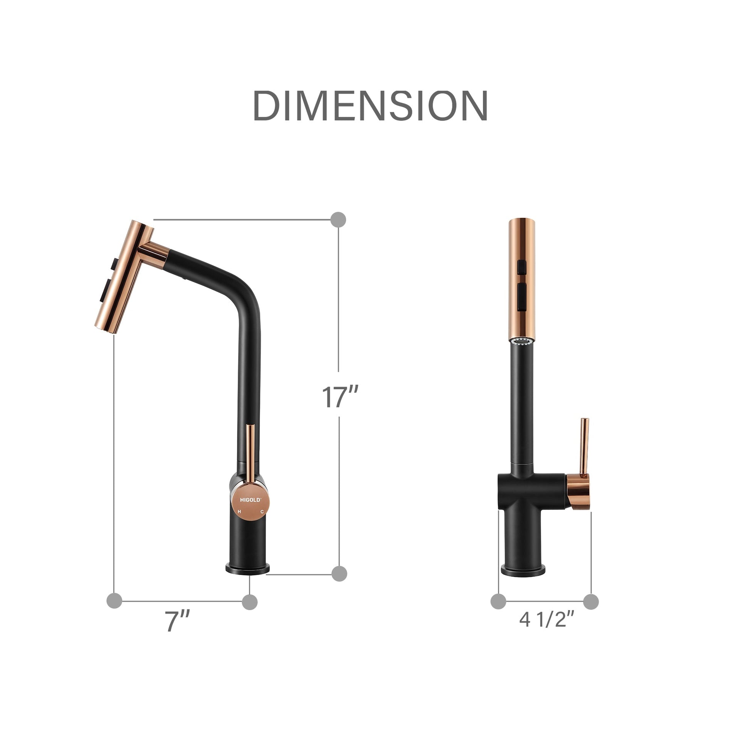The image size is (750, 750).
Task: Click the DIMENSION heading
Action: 370,106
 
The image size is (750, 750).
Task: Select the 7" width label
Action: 177,621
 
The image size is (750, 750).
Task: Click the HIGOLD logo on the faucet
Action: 251,500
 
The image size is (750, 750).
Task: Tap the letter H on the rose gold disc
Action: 239,512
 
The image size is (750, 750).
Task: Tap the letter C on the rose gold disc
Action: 262,512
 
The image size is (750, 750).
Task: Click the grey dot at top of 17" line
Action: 338,220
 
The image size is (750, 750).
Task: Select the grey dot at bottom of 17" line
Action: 339,573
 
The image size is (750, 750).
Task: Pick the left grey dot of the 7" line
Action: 114,600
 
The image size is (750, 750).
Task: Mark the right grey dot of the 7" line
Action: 250,602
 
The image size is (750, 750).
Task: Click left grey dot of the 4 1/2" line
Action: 498,601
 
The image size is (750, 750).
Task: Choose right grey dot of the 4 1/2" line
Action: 591,601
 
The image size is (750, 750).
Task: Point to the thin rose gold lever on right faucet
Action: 584,446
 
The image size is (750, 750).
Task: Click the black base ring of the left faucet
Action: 248,569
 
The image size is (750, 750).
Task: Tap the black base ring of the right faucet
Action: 523,571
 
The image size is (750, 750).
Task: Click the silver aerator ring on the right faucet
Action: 522,341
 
